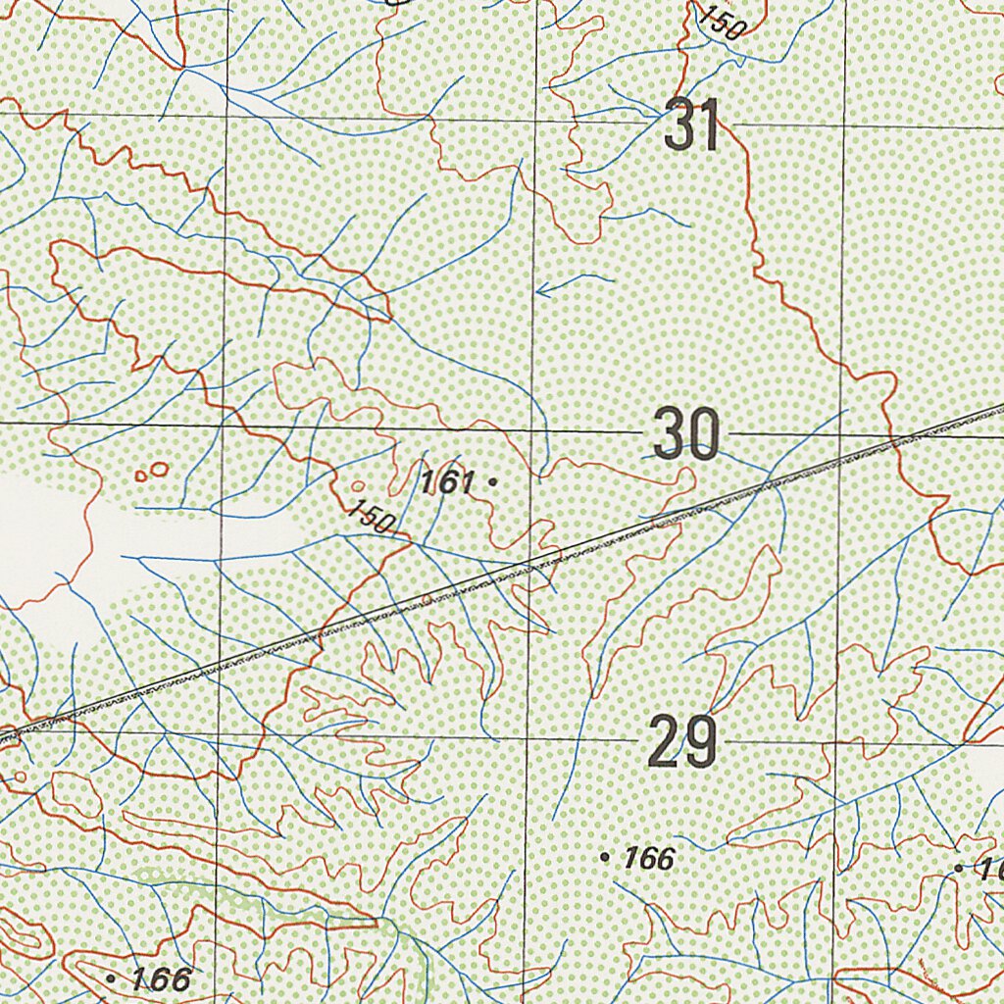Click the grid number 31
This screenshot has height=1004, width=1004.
[692, 125]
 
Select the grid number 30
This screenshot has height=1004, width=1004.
[686, 434]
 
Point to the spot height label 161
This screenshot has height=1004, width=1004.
[447, 481]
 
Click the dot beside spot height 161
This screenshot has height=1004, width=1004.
[492, 481]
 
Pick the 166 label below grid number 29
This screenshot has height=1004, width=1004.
[649, 859]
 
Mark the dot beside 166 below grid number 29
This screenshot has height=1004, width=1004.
[604, 858]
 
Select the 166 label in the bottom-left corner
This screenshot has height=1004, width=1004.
[161, 979]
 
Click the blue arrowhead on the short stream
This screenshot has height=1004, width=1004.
[542, 290]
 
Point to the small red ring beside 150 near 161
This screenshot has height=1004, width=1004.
[358, 485]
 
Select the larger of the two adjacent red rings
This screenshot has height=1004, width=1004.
[159, 470]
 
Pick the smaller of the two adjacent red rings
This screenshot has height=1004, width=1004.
[141, 477]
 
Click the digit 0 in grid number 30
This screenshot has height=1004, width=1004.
[703, 434]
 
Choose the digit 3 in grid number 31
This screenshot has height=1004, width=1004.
[679, 125]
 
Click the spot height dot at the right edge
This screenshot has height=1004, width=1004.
[959, 869]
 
